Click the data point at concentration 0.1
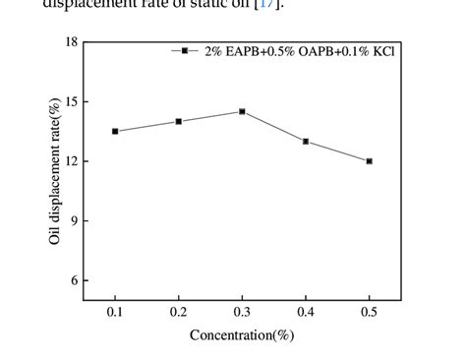[x=115, y=132]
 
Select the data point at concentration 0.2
[x=179, y=122]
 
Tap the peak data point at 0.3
[x=242, y=112]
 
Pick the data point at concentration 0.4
[x=306, y=142]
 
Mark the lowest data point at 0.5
[x=369, y=161]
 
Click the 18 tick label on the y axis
[x=71, y=42]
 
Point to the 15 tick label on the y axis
[x=71, y=102]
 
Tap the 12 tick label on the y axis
[x=71, y=161]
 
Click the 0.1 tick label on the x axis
[x=115, y=313]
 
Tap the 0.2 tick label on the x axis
[x=179, y=313]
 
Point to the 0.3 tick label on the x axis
[x=242, y=313]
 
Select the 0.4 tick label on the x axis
[x=306, y=313]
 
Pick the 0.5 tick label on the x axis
[x=369, y=313]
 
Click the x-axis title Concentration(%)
[x=242, y=335]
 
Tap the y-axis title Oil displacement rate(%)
[x=56, y=171]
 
